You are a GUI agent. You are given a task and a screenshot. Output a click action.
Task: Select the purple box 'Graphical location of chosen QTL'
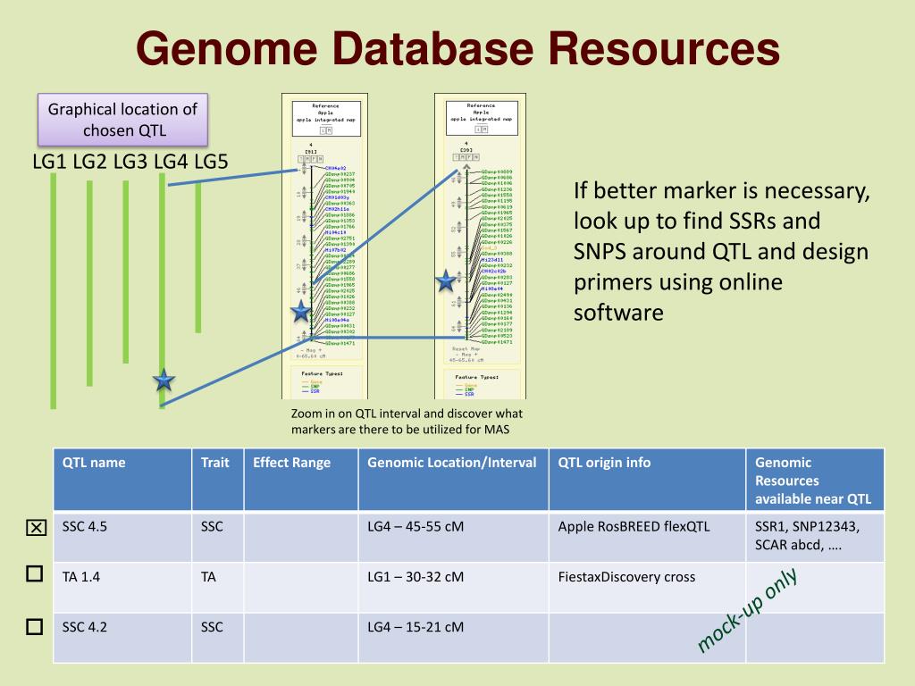coord(122,120)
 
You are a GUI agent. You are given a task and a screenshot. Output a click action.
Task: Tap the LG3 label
coord(130,162)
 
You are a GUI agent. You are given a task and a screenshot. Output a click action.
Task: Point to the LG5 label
coord(211,162)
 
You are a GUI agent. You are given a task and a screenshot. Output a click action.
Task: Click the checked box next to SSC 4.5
coord(35,528)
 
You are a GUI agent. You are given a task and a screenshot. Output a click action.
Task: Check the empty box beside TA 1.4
coord(35,574)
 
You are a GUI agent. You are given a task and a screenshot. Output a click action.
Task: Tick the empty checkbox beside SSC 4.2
coord(35,626)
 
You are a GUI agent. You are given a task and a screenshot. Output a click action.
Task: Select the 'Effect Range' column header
coord(291,463)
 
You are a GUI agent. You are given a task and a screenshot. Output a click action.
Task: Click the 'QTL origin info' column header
coord(604,463)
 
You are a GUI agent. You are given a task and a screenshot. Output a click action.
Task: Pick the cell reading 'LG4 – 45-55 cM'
coord(416,526)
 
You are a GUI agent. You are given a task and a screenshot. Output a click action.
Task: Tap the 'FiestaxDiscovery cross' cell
coord(626,577)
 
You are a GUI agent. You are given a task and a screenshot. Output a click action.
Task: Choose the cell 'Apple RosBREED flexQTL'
coord(634,526)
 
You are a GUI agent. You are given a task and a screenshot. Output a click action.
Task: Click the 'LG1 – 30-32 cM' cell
coord(416,577)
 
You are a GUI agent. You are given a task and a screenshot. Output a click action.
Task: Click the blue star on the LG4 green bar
coord(164,381)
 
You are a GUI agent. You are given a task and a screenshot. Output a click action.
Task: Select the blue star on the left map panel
coord(300,311)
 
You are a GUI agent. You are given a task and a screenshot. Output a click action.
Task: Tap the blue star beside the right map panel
coord(446,282)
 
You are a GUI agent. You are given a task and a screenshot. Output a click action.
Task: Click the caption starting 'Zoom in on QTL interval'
coord(407,422)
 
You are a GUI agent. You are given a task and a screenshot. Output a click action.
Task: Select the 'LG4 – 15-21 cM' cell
coord(416,627)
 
